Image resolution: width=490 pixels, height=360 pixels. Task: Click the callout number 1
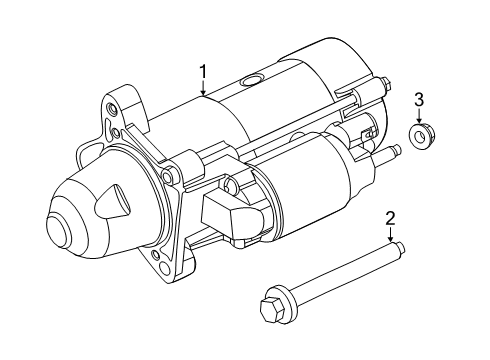pyautogui.click(x=203, y=71)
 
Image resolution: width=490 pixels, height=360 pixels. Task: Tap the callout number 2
pyautogui.click(x=391, y=217)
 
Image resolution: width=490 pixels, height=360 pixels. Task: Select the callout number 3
pyautogui.click(x=420, y=97)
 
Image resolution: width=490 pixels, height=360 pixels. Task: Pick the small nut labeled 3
pyautogui.click(x=420, y=133)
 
